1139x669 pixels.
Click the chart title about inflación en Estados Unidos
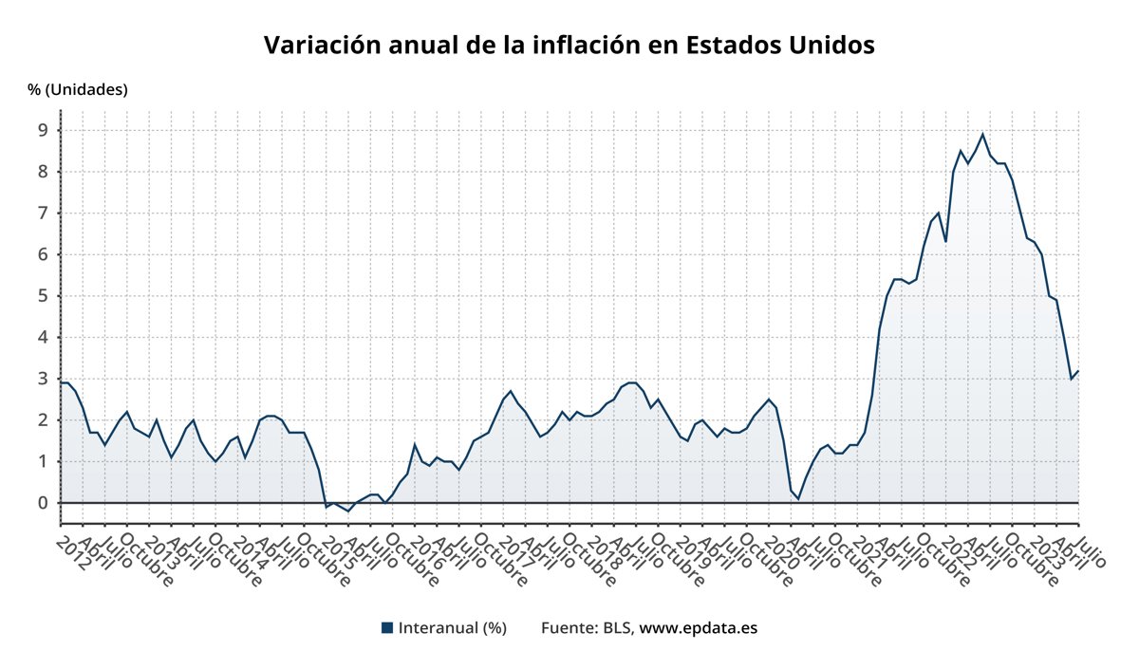(569, 45)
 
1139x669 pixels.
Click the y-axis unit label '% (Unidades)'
(77, 89)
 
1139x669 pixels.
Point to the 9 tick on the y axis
(43, 131)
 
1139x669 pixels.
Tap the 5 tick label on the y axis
(43, 296)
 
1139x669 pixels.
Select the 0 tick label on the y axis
(43, 503)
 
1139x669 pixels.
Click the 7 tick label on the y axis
(43, 214)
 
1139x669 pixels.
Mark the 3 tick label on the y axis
(43, 379)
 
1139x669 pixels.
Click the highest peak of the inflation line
(982, 134)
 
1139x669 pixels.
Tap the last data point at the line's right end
(1078, 371)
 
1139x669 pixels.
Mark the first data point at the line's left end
(61, 382)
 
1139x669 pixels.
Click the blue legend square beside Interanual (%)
(386, 628)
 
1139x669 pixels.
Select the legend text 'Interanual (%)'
(452, 628)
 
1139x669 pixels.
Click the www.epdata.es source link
(698, 628)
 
